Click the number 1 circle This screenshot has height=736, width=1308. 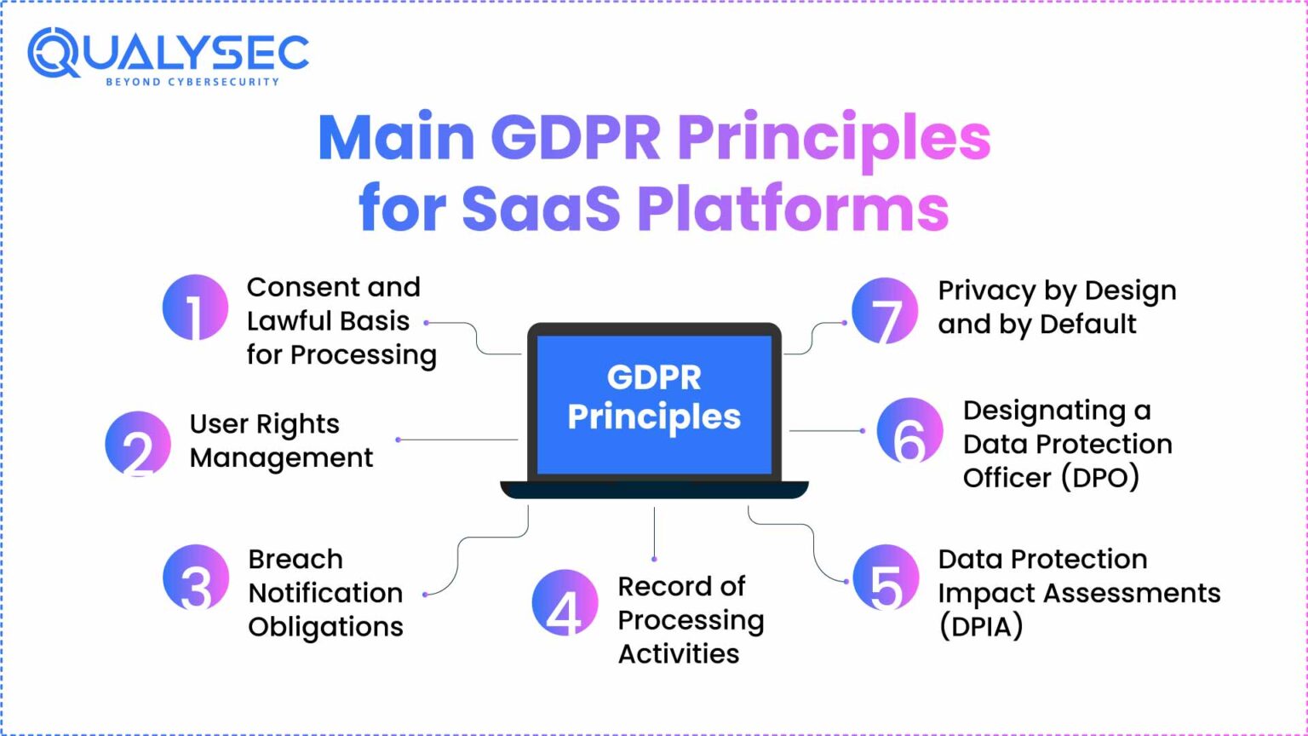coord(195,308)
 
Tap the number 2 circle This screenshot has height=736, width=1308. coord(138,444)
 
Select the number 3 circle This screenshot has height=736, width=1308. coord(196,578)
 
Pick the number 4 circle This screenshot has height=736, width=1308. coord(565,603)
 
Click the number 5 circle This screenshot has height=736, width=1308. coord(886,578)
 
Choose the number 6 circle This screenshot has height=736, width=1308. coord(909,431)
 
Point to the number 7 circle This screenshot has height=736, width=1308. coord(885,310)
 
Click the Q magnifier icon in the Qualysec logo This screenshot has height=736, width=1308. coord(53,53)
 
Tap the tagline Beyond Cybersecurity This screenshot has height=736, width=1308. coord(192,82)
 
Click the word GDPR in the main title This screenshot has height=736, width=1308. coord(576,138)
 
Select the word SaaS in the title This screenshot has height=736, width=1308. coord(541,209)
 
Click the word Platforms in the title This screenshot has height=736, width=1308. coord(793,209)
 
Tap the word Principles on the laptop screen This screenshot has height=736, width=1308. coord(654,417)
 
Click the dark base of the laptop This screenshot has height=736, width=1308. coord(654,490)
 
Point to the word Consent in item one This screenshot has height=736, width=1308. coord(298,287)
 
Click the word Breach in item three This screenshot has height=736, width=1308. coord(295,560)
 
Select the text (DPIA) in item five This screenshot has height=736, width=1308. coord(980,627)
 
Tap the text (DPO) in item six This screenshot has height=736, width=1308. coord(1099,478)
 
